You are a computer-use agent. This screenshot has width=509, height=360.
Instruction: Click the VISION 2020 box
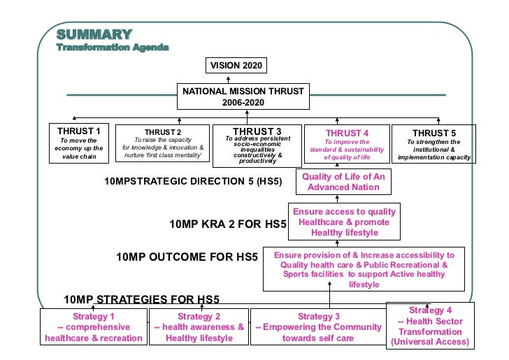[x=236, y=66]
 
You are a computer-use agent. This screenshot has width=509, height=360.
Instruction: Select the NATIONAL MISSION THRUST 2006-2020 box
[x=243, y=96]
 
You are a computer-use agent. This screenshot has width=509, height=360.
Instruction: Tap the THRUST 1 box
[x=78, y=143]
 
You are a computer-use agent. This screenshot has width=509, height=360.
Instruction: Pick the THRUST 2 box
[x=162, y=143]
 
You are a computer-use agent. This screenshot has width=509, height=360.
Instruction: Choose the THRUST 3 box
[x=257, y=145]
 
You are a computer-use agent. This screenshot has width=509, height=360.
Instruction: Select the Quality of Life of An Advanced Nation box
[x=343, y=182]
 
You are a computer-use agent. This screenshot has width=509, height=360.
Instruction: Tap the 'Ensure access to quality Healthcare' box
[x=343, y=222]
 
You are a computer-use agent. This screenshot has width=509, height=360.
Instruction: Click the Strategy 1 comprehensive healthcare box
[x=94, y=327]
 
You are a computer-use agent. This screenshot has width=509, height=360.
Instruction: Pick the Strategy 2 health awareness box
[x=199, y=327]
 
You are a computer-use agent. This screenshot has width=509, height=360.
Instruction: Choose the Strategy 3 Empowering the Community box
[x=318, y=327]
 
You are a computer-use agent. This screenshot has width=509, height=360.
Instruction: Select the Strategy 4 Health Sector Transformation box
[x=429, y=326]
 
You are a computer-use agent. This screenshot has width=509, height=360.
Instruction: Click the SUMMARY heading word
[x=94, y=34]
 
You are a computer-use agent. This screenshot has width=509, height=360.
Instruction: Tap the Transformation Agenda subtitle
[x=113, y=48]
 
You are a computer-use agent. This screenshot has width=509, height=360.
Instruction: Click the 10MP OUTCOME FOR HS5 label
[x=187, y=257]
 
